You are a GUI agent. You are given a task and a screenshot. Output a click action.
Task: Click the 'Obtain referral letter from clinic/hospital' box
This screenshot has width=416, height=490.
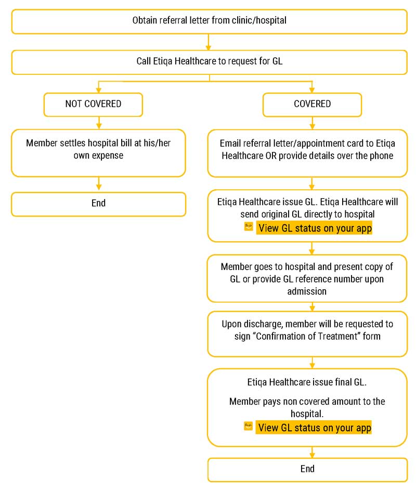(209, 21)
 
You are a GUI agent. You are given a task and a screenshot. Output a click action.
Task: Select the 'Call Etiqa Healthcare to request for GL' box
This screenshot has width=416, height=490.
(209, 62)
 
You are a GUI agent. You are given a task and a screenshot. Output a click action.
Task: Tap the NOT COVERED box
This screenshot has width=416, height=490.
(93, 104)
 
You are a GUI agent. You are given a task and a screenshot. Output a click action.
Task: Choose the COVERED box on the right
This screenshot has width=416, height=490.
(312, 104)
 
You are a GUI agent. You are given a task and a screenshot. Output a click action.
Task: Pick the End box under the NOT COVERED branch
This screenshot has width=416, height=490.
(98, 204)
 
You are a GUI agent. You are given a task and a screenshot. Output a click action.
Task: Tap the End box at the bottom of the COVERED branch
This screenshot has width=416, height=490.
(307, 469)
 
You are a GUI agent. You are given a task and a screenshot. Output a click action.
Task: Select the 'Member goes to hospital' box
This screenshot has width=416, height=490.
(307, 278)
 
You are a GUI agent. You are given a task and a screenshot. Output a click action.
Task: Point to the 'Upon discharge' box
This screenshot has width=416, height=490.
(307, 333)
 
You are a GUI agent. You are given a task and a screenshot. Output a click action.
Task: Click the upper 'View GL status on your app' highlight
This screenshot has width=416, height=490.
(315, 228)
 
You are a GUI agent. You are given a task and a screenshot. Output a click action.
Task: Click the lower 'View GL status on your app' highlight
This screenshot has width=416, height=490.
(315, 428)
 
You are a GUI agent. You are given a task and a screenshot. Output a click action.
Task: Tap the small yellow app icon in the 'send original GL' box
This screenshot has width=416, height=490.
(249, 227)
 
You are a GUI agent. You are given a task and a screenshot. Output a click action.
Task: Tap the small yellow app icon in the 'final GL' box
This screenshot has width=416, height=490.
(249, 427)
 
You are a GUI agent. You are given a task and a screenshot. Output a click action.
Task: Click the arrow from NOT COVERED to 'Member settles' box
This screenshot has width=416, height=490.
(98, 123)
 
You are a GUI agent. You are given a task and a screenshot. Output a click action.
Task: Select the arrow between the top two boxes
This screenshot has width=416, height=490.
(209, 42)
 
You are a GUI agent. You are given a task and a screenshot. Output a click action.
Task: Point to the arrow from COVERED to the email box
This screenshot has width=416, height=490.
(312, 123)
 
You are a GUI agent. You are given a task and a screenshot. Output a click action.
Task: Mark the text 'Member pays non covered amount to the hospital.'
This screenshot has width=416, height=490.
(307, 407)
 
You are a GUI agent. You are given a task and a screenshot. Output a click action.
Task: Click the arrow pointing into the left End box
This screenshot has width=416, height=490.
(98, 184)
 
